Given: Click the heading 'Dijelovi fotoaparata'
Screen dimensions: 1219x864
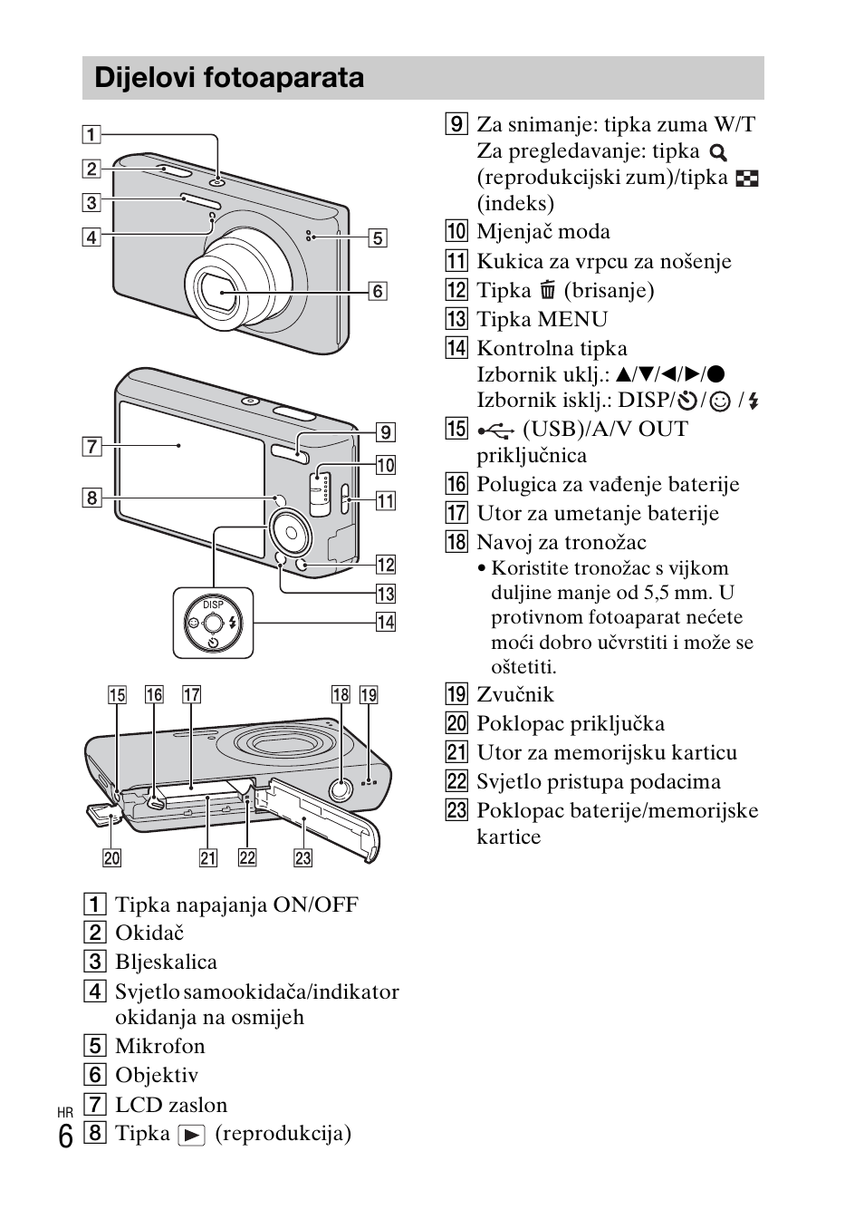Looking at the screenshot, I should click(229, 78).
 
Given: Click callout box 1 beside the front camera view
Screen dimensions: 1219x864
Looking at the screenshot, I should click(91, 135).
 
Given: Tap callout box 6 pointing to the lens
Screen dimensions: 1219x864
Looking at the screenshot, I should click(377, 291).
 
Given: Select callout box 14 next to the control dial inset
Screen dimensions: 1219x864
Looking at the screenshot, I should click(386, 622).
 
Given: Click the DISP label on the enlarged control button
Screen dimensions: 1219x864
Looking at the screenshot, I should click(213, 605).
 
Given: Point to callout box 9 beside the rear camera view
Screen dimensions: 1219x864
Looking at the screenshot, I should click(385, 432).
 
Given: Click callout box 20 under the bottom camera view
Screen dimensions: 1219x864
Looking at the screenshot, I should click(111, 857).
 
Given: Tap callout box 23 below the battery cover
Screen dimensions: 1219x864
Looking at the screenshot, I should click(302, 857).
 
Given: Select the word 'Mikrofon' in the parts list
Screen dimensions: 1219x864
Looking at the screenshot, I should click(160, 1046).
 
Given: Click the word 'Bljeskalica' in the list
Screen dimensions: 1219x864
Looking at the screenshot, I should click(166, 962).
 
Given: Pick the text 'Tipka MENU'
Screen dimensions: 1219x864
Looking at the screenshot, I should click(542, 319).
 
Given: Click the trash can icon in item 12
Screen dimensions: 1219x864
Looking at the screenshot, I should click(547, 291).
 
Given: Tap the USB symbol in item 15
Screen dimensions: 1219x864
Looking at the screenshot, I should click(496, 430).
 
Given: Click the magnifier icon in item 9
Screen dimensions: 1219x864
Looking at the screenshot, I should click(718, 153).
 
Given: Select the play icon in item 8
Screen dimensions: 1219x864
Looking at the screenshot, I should click(192, 1135).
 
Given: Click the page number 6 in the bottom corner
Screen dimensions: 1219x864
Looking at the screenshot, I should click(65, 1137).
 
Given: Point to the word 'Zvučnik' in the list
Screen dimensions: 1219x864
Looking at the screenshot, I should click(515, 694).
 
